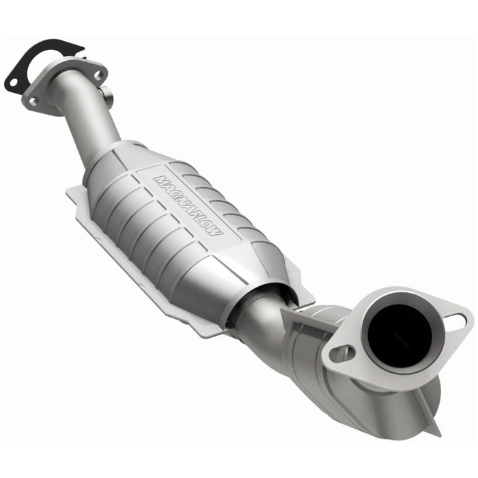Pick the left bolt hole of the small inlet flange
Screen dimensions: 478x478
tap(33, 101)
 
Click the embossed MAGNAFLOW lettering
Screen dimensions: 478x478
tap(188, 206)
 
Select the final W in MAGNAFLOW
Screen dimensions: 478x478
tap(217, 231)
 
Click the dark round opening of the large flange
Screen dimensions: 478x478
tap(400, 333)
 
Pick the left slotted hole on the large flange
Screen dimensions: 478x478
tap(342, 353)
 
